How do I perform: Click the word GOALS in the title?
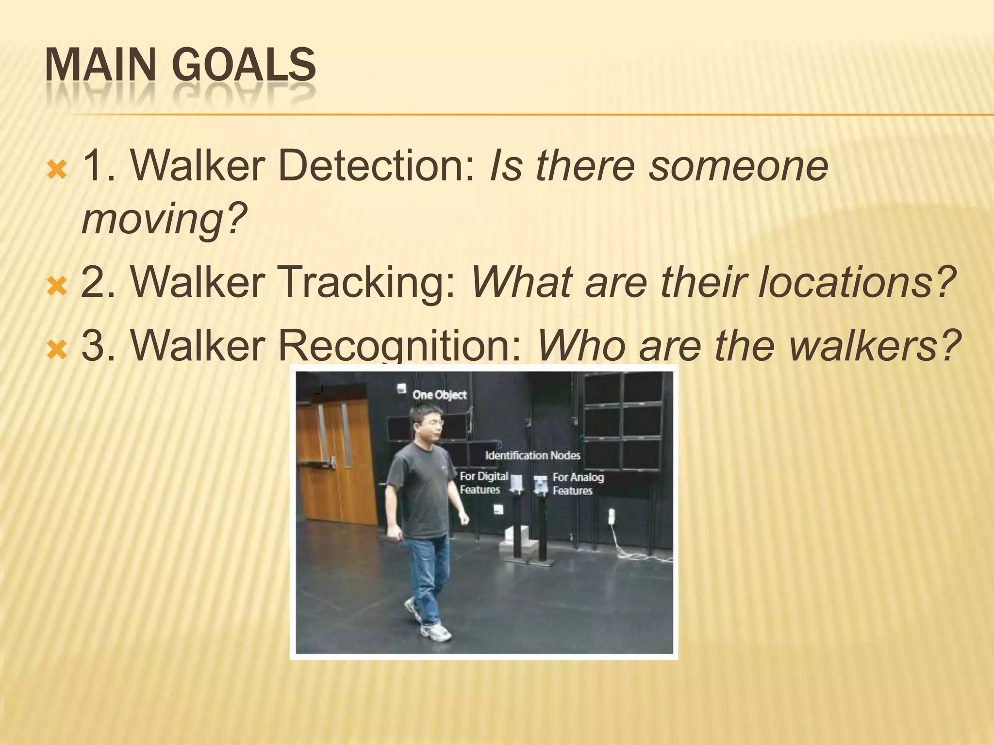[244, 65]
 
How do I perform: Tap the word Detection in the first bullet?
[376, 166]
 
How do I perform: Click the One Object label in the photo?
[439, 395]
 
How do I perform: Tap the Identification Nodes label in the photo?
[532, 455]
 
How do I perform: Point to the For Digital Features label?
[483, 483]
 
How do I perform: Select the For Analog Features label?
[578, 484]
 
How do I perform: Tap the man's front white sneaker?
[435, 632]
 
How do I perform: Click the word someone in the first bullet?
[738, 166]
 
